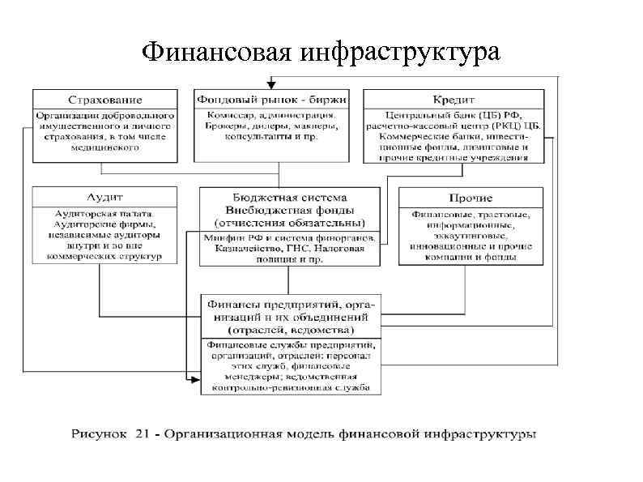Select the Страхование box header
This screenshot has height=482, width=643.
(104, 100)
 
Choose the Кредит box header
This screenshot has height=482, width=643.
(454, 100)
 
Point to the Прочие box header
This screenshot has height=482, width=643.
(471, 198)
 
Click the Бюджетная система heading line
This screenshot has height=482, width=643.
(289, 198)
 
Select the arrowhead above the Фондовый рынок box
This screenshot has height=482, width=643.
(272, 83)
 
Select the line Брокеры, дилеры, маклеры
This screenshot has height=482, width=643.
(272, 126)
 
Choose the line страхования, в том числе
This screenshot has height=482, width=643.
(104, 137)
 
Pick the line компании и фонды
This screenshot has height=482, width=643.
(471, 256)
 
